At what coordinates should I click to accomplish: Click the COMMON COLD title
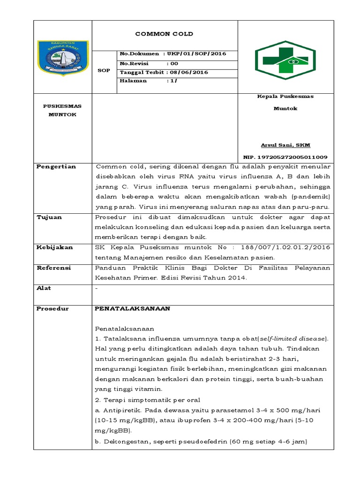point(164,34)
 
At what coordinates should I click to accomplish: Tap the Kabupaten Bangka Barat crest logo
point(63,58)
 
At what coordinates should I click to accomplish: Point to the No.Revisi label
point(134,63)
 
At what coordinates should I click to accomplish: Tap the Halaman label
point(134,81)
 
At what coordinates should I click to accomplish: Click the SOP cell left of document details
point(103,71)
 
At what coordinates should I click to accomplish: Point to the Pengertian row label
point(56,167)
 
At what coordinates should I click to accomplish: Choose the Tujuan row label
point(49,217)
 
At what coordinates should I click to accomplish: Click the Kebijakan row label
point(54,247)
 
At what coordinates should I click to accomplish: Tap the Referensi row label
point(54,268)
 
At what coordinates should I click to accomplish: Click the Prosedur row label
point(52,308)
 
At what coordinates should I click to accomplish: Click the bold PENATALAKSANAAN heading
point(132,308)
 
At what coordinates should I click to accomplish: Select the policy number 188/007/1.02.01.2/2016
point(285,247)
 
